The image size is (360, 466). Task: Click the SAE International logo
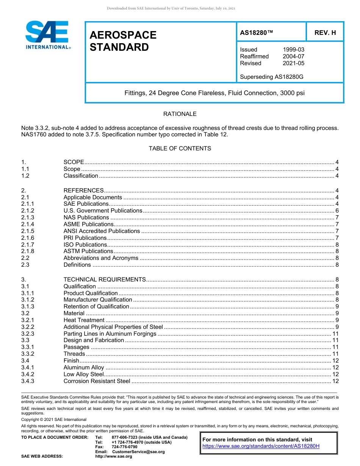47,35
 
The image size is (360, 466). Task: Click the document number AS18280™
257,33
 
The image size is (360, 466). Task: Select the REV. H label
325,33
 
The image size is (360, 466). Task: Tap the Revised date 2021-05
293,63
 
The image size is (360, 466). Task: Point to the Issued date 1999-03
293,50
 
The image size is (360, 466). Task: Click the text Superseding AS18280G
272,77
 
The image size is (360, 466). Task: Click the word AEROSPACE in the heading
123,35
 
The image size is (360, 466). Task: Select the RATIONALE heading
180,114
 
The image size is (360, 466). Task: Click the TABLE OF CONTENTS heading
180,149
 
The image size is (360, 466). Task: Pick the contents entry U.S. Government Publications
103,211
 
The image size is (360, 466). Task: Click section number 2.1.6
28,238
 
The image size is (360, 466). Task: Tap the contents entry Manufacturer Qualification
98,300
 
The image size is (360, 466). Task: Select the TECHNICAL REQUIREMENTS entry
105,280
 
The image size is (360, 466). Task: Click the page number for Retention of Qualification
337,306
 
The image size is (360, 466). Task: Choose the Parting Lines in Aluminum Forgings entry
110,334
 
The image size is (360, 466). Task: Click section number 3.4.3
28,381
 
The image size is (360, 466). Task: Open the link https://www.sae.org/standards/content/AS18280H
261,446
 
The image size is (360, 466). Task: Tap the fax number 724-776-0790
124,447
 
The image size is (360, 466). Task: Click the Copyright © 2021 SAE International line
54,419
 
